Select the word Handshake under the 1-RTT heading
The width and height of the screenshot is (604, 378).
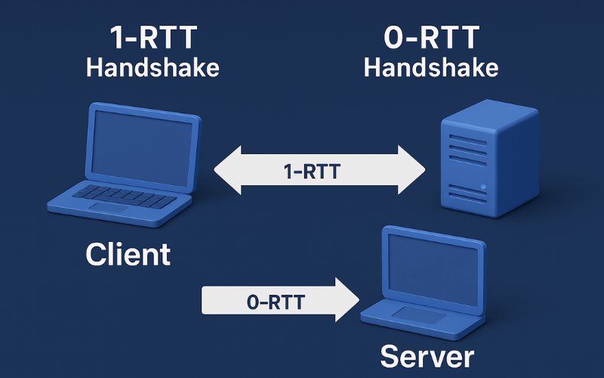[153, 67]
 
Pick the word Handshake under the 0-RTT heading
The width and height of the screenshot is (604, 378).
[431, 67]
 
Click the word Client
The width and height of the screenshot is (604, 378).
[128, 254]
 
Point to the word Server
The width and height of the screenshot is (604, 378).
[427, 355]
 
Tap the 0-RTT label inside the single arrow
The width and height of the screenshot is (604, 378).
[275, 302]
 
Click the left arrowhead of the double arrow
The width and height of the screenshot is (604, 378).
[226, 171]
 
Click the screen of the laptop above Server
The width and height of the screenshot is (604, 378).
[433, 265]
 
